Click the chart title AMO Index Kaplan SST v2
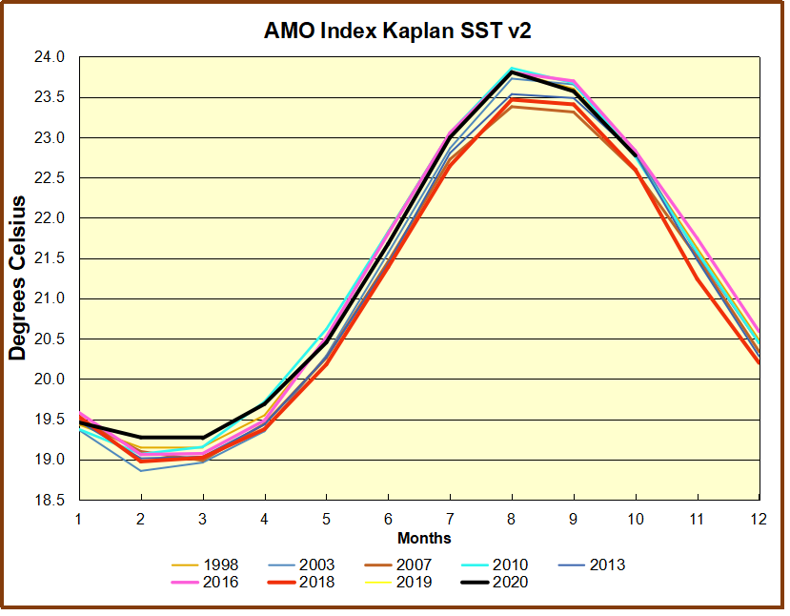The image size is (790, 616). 397,31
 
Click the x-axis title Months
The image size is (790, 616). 424,540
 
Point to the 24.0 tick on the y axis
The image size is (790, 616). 53,57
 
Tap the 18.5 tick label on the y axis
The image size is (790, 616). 53,501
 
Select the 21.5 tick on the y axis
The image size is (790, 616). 53,258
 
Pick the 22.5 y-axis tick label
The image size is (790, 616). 53,178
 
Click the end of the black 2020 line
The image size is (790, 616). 636,155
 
